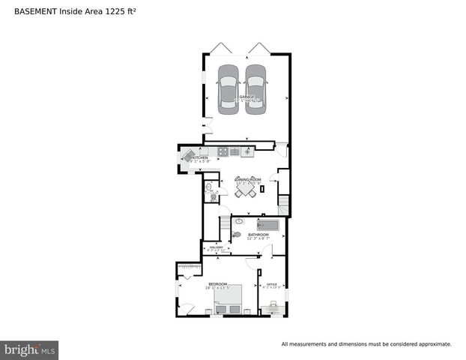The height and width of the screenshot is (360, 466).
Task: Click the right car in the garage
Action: pyautogui.click(x=256, y=89)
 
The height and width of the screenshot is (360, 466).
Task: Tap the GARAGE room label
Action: pyautogui.click(x=246, y=97)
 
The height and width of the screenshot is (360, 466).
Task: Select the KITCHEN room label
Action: pyautogui.click(x=199, y=157)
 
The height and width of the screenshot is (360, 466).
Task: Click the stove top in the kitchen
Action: pyautogui.click(x=223, y=152)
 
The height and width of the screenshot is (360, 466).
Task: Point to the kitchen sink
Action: pyautogui.click(x=234, y=152)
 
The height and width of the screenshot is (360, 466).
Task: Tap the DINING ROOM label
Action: pyautogui.click(x=247, y=179)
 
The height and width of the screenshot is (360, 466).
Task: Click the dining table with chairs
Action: pyautogui.click(x=246, y=191)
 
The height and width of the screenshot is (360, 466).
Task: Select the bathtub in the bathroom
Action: pyautogui.click(x=267, y=224)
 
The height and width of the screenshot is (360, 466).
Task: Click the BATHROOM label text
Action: pyautogui.click(x=258, y=234)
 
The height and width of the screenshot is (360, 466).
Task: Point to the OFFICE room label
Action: pyautogui.click(x=271, y=284)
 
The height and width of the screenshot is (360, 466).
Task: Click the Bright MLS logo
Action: pyautogui.click(x=29, y=349)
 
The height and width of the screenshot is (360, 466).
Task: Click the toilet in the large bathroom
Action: pyautogui.click(x=237, y=235)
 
